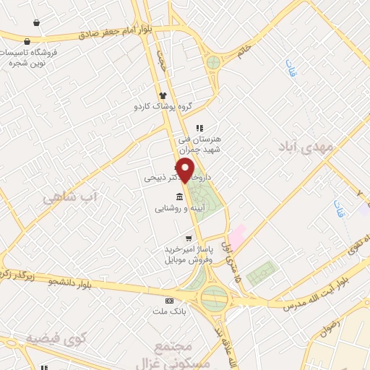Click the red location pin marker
coord(185,171)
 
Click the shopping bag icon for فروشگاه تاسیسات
coord(27,41)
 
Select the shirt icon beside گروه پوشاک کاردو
coord(163,95)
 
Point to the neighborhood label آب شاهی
coord(69,196)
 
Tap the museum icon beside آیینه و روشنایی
coord(179,197)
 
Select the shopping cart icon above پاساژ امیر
coord(189,238)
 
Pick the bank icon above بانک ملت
coord(170,301)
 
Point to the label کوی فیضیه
coord(51,337)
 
